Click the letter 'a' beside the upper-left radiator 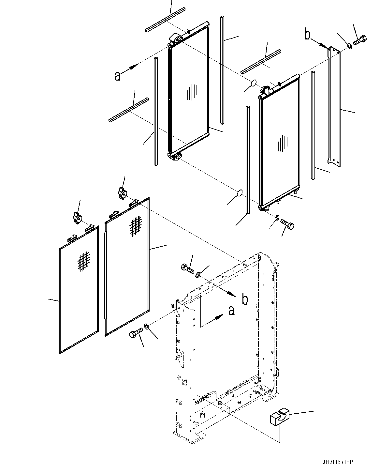tap(118, 76)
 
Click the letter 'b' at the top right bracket tap(307, 35)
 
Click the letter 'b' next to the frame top tap(245, 299)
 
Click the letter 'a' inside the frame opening tap(231, 311)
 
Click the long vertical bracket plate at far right tap(334, 104)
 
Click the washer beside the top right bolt tap(349, 46)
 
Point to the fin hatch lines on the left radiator tap(192, 92)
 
